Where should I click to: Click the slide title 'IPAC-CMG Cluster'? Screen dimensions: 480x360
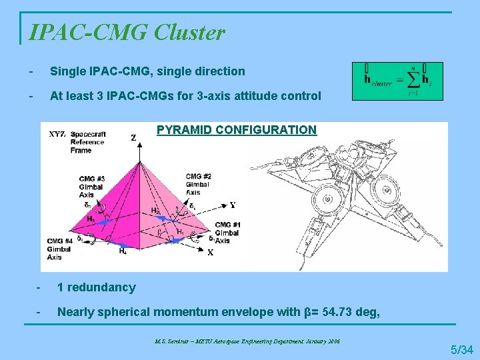pyautogui.click(x=127, y=31)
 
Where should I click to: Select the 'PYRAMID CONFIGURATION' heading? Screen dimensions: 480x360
pyautogui.click(x=237, y=130)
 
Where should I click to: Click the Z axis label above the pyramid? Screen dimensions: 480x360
pyautogui.click(x=133, y=138)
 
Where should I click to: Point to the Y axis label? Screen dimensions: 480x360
pyautogui.click(x=233, y=205)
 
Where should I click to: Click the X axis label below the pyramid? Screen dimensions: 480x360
pyautogui.click(x=210, y=253)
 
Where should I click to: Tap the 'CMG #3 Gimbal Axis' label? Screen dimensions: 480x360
pyautogui.click(x=91, y=187)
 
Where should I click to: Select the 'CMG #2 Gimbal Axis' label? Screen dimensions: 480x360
pyautogui.click(x=199, y=185)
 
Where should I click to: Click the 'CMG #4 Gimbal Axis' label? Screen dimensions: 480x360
pyautogui.click(x=59, y=249)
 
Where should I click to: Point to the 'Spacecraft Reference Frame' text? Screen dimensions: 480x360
pyautogui.click(x=87, y=142)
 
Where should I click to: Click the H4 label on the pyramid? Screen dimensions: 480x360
pyautogui.click(x=123, y=251)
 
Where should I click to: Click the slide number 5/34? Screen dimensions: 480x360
pyautogui.click(x=461, y=349)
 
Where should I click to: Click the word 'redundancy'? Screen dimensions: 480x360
pyautogui.click(x=102, y=287)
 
